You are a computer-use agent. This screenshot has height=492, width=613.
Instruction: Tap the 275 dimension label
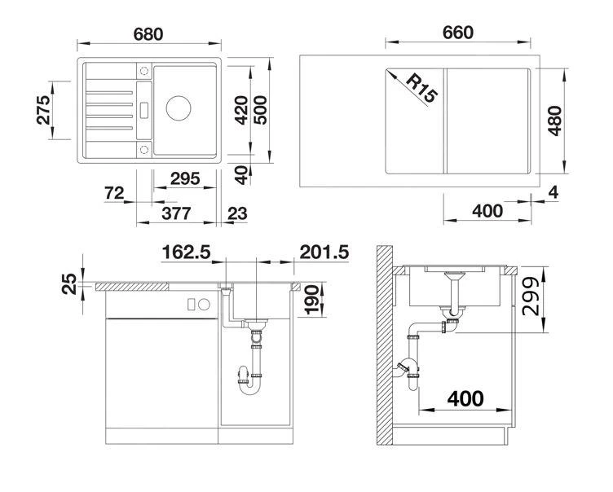[44, 109]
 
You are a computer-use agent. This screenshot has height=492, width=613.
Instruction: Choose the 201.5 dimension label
[324, 253]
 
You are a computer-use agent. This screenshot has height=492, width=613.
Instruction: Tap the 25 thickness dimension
[70, 284]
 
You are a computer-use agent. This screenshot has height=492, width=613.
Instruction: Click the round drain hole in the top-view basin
[179, 107]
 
